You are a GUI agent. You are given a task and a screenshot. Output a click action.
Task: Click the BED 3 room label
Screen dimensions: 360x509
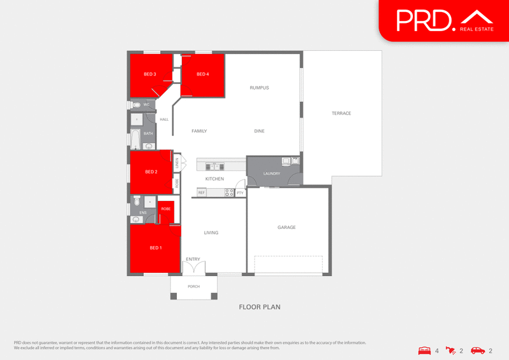(x=150, y=74)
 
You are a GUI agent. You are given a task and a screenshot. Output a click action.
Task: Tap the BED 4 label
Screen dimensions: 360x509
(x=202, y=74)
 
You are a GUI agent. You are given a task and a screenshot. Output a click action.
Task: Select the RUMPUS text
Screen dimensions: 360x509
(x=260, y=87)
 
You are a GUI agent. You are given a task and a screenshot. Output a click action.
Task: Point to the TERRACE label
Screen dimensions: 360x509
(x=341, y=113)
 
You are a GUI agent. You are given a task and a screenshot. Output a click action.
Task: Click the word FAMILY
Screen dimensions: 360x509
(x=199, y=131)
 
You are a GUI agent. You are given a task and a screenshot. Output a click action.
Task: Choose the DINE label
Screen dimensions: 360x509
(x=259, y=131)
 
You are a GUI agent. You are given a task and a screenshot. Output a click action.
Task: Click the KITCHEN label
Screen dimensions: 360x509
(x=214, y=179)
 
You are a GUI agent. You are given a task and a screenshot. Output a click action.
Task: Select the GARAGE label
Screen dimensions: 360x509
(x=286, y=227)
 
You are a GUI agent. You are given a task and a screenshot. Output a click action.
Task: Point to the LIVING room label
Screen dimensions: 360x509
(x=211, y=233)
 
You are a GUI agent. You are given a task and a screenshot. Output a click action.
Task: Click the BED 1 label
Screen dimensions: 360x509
(x=155, y=247)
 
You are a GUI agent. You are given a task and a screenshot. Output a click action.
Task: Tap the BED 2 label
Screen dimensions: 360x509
(x=151, y=172)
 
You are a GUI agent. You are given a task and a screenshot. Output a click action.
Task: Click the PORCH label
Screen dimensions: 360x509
(x=193, y=286)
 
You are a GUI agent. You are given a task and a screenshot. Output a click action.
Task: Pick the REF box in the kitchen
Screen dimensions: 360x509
(x=202, y=192)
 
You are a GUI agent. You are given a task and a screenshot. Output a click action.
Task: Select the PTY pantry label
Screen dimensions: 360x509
(x=240, y=192)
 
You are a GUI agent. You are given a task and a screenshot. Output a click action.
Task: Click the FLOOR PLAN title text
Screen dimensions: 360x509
(x=260, y=307)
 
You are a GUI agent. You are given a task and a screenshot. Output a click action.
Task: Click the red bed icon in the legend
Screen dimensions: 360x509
(x=424, y=350)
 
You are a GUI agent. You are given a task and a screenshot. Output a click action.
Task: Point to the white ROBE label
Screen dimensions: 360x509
(x=165, y=209)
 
